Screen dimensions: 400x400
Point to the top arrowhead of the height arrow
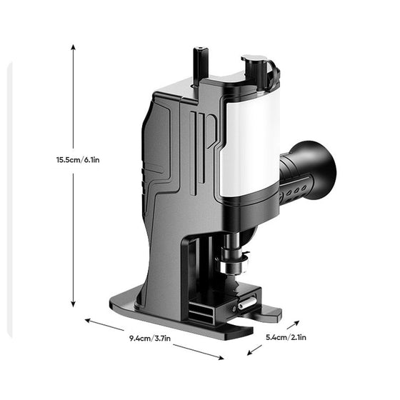(73, 46)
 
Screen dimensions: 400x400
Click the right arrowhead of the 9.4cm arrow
(202, 359)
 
